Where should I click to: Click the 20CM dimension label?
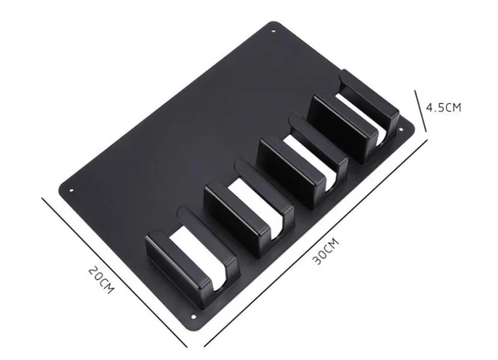[x=101, y=280]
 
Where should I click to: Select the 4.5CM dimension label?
[x=443, y=107]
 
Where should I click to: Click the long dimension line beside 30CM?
[x=317, y=242]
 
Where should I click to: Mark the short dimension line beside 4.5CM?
[x=420, y=111]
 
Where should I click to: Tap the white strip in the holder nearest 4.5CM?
[x=366, y=112]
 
